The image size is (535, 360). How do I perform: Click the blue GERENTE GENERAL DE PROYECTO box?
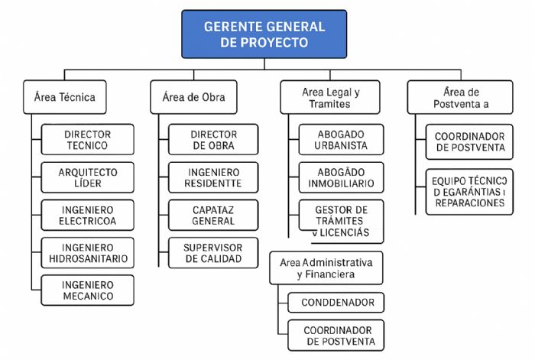pyautogui.click(x=264, y=34)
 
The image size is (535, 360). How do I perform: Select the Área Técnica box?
pyautogui.click(x=64, y=97)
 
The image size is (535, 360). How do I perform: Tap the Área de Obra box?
pyautogui.click(x=193, y=97)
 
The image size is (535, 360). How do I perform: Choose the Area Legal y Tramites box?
pyautogui.click(x=331, y=97)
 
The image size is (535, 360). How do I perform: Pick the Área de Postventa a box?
pyautogui.click(x=459, y=97)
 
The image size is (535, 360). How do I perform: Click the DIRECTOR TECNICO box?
pyautogui.click(x=87, y=140)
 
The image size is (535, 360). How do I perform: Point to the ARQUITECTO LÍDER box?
pyautogui.click(x=87, y=177)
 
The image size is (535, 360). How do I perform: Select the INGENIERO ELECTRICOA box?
pyautogui.click(x=87, y=215)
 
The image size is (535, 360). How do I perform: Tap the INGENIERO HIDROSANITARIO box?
pyautogui.click(x=87, y=253)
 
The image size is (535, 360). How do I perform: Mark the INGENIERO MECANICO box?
pyautogui.click(x=87, y=290)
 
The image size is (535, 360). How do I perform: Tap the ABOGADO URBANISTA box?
pyautogui.click(x=341, y=140)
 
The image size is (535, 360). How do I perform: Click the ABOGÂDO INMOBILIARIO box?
pyautogui.click(x=341, y=177)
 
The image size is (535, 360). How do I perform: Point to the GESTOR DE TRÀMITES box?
pyautogui.click(x=341, y=221)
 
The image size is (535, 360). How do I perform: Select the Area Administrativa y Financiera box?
pyautogui.click(x=326, y=268)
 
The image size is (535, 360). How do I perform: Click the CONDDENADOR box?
pyautogui.click(x=336, y=303)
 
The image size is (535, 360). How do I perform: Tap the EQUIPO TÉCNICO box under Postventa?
pyautogui.click(x=469, y=192)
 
